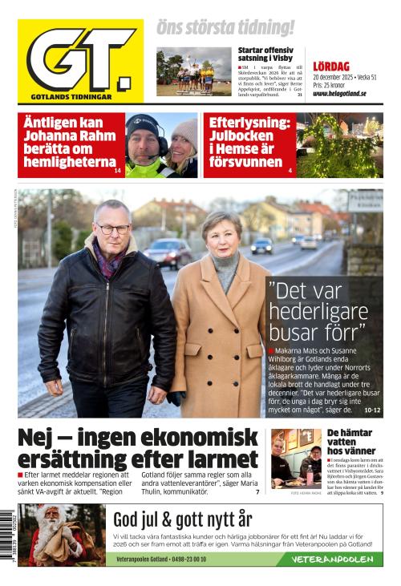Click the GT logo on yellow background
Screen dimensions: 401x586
[80, 60]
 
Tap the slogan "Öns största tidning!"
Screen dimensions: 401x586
[225, 28]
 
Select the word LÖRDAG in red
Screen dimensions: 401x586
[331, 67]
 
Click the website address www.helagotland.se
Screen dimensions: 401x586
[339, 93]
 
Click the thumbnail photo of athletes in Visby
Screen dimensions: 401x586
[192, 73]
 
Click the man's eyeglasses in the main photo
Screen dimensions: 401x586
[113, 229]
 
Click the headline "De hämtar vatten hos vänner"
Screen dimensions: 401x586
[350, 442]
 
